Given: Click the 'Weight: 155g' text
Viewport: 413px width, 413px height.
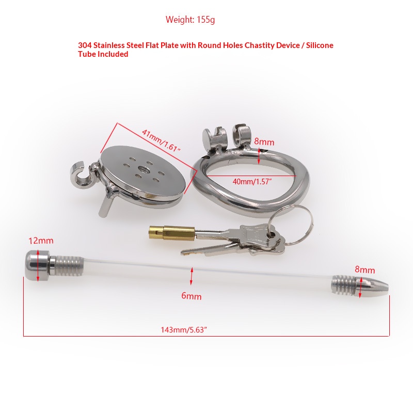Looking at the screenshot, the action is (x=190, y=20).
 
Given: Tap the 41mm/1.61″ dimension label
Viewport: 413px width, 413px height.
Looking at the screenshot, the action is (x=161, y=140).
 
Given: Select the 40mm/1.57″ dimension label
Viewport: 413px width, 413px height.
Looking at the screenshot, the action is (x=252, y=182).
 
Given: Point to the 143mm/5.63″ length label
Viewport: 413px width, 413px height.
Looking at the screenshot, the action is (x=184, y=330).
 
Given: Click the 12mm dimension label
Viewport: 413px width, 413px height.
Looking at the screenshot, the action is (x=41, y=241).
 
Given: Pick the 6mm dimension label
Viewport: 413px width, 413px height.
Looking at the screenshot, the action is (x=192, y=296).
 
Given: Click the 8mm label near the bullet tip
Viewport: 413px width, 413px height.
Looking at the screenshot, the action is (x=364, y=269).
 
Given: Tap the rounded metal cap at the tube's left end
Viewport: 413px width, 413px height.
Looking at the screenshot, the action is (x=37, y=265).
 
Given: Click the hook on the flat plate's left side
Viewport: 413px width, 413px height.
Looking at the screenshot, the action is (x=81, y=175).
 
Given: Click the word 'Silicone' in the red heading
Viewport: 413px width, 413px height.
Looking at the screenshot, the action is (x=320, y=45).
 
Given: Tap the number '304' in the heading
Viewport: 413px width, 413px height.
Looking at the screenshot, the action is (x=85, y=45).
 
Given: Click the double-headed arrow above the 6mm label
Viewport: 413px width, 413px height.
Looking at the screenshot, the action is (x=192, y=276).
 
